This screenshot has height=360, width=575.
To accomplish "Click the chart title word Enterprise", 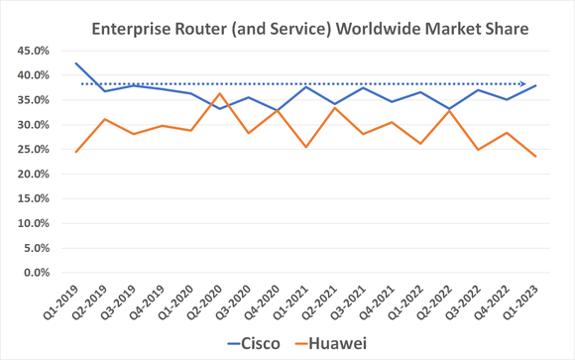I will (x=132, y=29).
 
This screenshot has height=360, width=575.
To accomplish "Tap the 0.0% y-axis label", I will (x=34, y=273).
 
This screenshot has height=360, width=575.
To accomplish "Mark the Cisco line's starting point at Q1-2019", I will (x=75, y=62).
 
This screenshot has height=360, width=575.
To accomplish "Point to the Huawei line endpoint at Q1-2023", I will (x=536, y=157).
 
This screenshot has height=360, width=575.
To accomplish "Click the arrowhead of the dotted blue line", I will (x=535, y=83).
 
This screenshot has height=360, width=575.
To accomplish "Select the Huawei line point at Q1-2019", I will (x=75, y=152).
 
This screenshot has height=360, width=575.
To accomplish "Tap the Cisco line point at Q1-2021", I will (x=306, y=86).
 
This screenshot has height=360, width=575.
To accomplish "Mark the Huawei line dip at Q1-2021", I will (x=306, y=147).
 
